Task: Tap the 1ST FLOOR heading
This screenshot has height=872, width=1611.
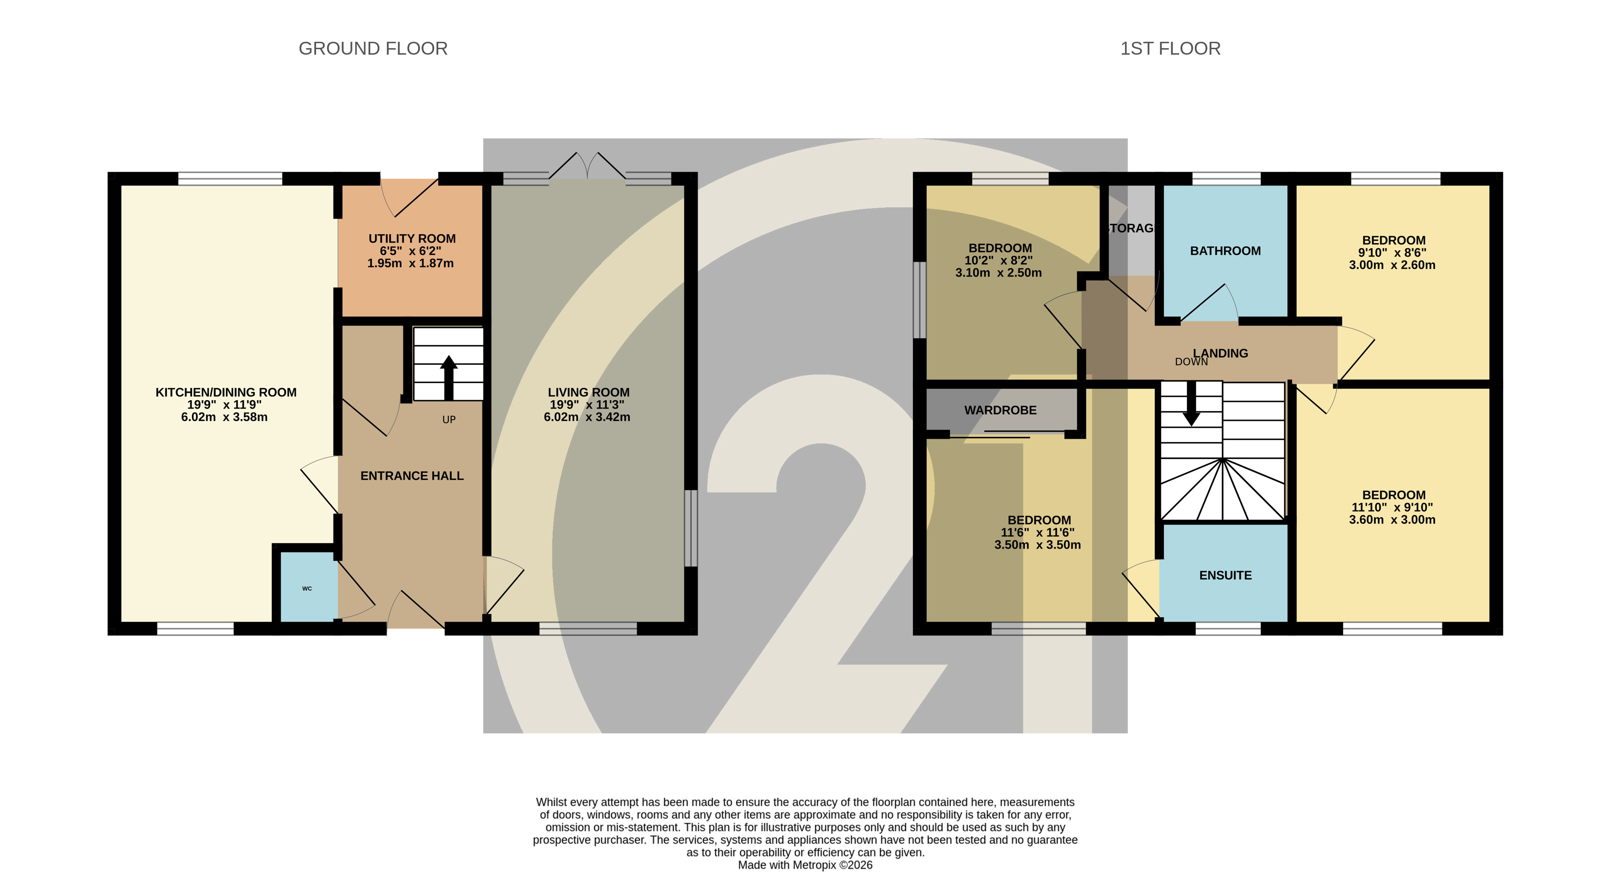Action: pyautogui.click(x=1170, y=49)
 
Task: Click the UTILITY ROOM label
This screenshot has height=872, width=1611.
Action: pyautogui.click(x=412, y=238)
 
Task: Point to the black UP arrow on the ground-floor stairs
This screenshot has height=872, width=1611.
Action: pyautogui.click(x=448, y=378)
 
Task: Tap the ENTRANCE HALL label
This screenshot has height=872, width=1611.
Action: pyautogui.click(x=412, y=476)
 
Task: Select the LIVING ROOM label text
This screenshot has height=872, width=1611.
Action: pyautogui.click(x=588, y=392)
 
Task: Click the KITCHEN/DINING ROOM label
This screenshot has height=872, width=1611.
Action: pyautogui.click(x=226, y=392)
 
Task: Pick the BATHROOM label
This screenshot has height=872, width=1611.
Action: pyautogui.click(x=1225, y=251)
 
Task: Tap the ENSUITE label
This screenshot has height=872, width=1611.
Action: pyautogui.click(x=1225, y=576)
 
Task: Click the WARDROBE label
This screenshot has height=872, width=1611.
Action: pyautogui.click(x=1000, y=410)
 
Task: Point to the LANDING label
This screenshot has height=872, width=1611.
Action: pyautogui.click(x=1220, y=353)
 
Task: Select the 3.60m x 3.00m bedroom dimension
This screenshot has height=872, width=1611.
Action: pyautogui.click(x=1392, y=520)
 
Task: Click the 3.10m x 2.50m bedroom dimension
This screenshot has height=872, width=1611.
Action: pyautogui.click(x=998, y=273)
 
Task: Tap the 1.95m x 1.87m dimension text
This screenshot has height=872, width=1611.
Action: pyautogui.click(x=410, y=263)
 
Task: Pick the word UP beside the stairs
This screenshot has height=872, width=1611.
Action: pyautogui.click(x=449, y=420)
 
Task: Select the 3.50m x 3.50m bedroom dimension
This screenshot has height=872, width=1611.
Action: pyautogui.click(x=1038, y=545)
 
